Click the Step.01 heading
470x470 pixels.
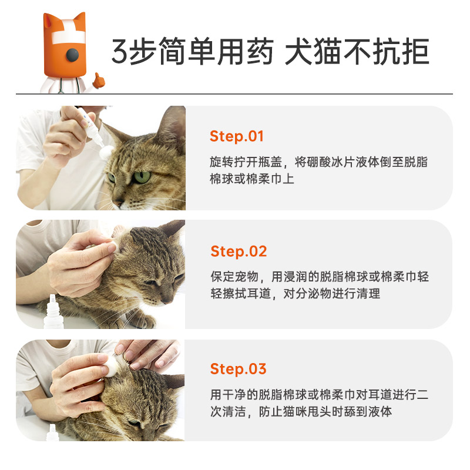click(x=237, y=137)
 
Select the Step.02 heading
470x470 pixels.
click(x=239, y=252)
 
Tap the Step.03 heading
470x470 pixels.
click(x=239, y=369)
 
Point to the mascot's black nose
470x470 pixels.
click(x=72, y=55)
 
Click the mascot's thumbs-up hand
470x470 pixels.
click(x=98, y=80)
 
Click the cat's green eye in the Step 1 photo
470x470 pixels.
click(x=142, y=177)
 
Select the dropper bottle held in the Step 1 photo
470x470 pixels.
click(x=90, y=126)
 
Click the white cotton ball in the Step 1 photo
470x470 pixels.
click(x=106, y=152)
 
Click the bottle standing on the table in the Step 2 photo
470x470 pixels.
click(x=53, y=312)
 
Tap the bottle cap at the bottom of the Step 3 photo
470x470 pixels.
click(x=53, y=432)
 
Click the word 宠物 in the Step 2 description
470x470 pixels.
click(x=246, y=277)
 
